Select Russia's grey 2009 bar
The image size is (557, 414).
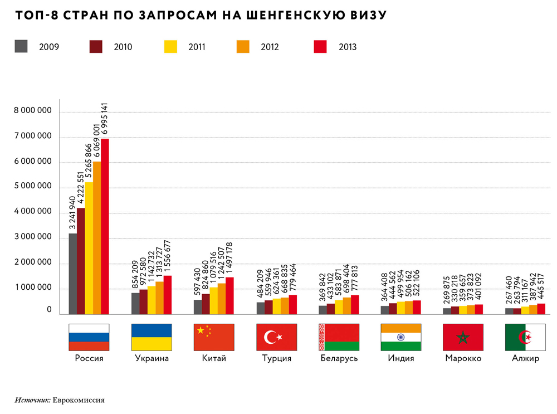point(73,273)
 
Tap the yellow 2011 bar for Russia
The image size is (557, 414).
point(89,248)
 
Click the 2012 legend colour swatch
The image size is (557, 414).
point(242,46)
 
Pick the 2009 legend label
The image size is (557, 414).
point(49,47)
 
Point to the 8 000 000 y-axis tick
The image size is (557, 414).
point(33,111)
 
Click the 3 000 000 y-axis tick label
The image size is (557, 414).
point(33,237)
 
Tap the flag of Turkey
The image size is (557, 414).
point(276,337)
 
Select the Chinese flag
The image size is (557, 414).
point(214,337)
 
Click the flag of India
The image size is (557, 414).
point(401,337)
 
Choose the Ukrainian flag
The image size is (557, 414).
point(152,337)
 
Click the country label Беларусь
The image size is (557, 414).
point(339,358)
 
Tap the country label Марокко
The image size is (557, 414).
point(463,358)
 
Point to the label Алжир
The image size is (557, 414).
point(525,358)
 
